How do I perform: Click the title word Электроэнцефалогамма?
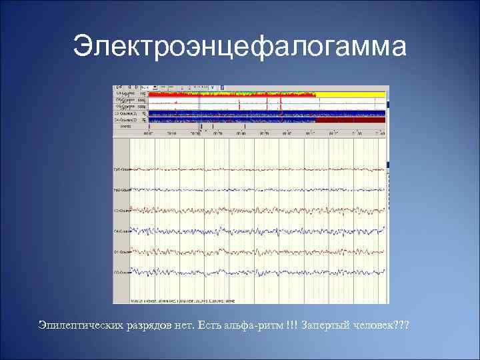coord(239,47)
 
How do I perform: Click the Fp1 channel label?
coord(121,170)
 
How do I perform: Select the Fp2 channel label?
coord(121,190)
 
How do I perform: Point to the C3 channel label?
coord(121,211)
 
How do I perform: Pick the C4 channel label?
coord(121,231)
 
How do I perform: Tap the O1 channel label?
coord(121,252)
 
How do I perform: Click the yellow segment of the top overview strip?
coord(353,95)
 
